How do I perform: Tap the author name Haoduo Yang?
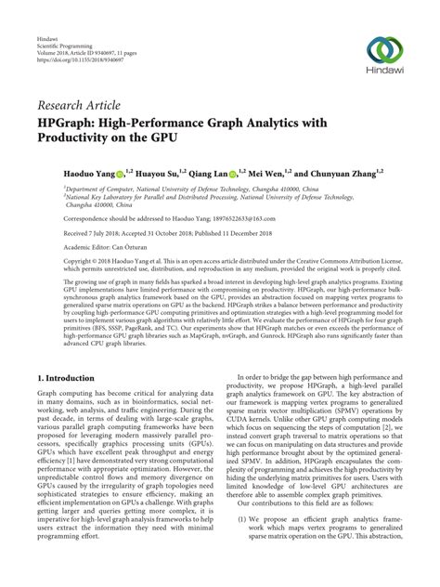tap(65, 171)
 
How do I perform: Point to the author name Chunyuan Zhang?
tap(353, 171)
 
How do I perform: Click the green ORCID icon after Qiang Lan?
tap(239, 171)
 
